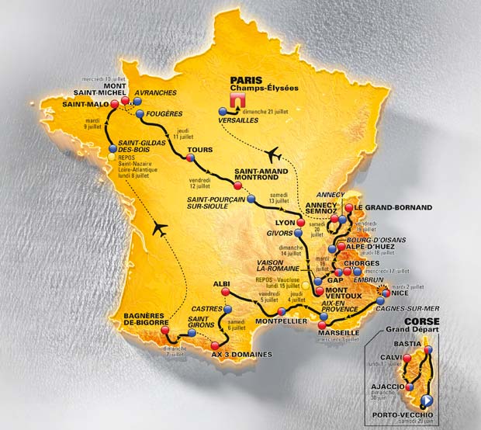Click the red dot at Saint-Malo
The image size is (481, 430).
115,104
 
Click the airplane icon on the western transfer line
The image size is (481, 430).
160,228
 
